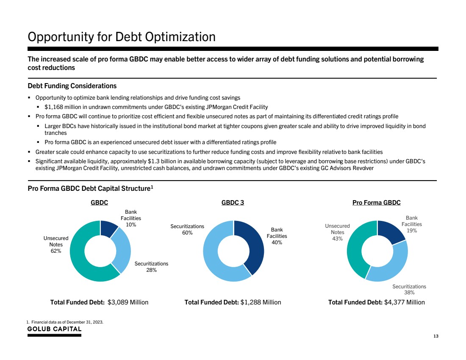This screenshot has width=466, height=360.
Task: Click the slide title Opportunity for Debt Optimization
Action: [x=122, y=37]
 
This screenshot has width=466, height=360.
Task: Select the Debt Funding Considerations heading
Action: [x=72, y=87]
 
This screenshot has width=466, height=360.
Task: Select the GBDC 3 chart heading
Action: [x=233, y=203]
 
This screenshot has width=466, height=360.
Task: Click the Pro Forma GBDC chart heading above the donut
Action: [x=377, y=203]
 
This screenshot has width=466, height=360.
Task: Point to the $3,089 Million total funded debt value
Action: [x=128, y=302]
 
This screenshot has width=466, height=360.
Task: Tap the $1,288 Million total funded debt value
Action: [x=261, y=302]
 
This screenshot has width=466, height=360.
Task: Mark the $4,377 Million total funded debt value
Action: [x=404, y=302]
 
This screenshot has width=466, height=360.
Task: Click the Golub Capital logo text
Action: [x=55, y=329]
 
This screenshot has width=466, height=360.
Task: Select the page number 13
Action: [x=435, y=336]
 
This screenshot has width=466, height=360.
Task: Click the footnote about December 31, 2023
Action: [x=65, y=322]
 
